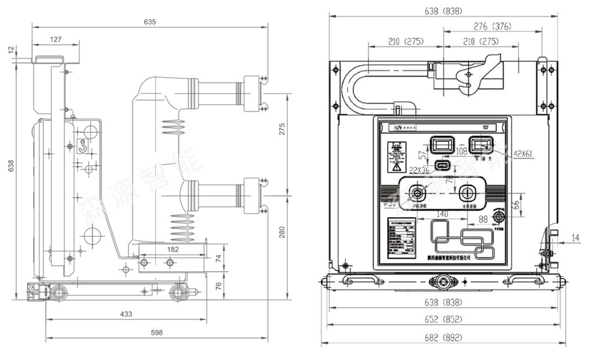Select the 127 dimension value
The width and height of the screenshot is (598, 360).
(x=56, y=39)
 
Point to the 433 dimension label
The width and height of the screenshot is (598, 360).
(x=126, y=314)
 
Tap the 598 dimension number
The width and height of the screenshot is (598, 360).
(x=156, y=332)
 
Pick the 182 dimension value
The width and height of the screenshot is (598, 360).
(x=172, y=249)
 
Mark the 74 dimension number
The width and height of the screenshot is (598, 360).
(x=218, y=258)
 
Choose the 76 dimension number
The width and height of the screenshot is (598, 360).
(x=218, y=285)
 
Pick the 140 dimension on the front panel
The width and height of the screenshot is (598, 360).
(x=442, y=214)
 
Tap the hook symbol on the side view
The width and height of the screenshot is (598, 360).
(x=83, y=145)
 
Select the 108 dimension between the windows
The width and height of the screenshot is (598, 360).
(x=462, y=151)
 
